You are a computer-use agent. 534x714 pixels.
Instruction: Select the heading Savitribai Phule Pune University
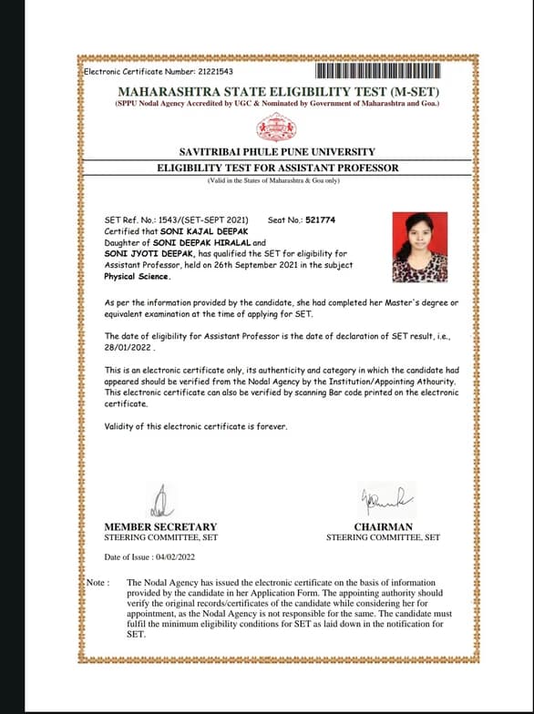point(277,151)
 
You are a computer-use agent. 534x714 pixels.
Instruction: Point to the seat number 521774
point(321,220)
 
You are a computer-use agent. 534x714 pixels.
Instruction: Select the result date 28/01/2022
point(130,347)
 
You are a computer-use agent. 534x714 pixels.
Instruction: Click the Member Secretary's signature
point(160,500)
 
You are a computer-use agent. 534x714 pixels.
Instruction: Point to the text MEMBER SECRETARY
point(160,526)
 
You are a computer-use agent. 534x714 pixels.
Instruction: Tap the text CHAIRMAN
point(383,526)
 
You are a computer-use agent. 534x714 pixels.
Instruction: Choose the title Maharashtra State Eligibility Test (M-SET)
point(278,92)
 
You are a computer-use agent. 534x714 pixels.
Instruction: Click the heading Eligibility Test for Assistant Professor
point(277,168)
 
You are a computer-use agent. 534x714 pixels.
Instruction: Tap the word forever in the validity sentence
point(272,427)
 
